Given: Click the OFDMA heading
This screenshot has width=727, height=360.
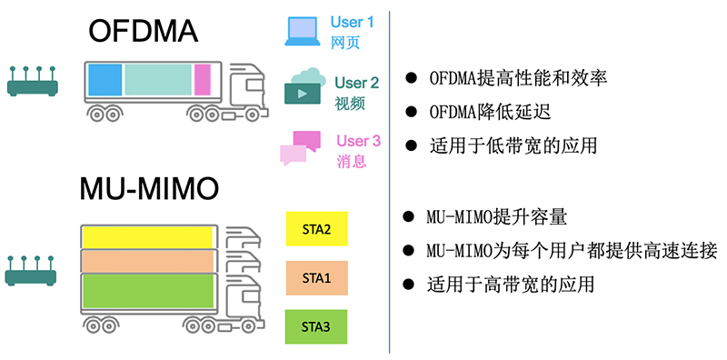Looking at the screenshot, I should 143,33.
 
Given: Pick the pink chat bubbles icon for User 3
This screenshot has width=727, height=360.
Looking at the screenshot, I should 300,147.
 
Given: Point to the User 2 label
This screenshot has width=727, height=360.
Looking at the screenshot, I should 356,83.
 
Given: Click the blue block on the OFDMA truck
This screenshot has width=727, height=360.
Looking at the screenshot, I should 105,80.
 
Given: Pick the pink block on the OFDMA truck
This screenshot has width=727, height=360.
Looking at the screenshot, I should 202,80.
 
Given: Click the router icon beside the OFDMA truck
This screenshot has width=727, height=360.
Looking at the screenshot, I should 33,83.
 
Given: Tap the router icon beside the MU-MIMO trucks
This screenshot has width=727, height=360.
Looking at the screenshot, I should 33,269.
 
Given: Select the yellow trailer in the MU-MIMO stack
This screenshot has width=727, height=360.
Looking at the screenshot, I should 147,236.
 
